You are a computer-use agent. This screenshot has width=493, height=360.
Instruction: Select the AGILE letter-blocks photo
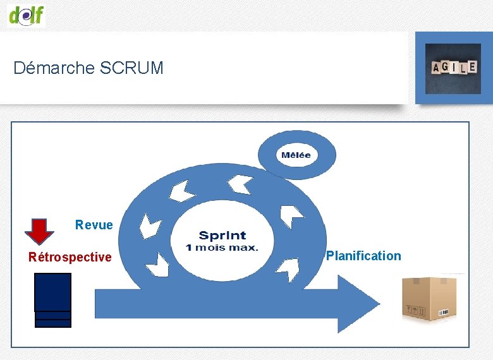(453, 68)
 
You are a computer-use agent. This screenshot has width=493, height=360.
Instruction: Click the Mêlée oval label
(296, 155)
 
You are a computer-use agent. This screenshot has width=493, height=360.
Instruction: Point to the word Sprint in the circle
(222, 236)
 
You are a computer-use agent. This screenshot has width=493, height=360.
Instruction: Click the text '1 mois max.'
(222, 248)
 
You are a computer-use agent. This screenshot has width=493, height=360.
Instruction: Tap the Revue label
(94, 225)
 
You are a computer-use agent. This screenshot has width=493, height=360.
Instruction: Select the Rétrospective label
(70, 257)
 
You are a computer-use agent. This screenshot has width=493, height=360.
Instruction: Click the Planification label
(363, 256)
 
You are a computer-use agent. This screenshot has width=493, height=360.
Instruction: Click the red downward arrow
(39, 231)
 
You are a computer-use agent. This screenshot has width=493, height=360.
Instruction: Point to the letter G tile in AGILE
(445, 67)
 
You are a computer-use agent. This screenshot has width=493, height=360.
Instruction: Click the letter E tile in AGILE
(472, 66)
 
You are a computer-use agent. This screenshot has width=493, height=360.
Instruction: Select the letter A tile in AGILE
(435, 68)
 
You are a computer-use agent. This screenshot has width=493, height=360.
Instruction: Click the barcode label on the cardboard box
(444, 311)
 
